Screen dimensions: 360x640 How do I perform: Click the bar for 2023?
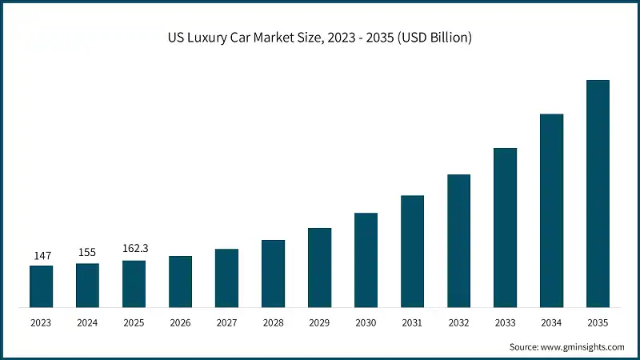click(41, 286)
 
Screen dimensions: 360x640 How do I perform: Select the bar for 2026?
click(180, 282)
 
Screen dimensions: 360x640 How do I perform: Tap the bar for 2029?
click(319, 267)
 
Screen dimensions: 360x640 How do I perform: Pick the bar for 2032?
click(458, 241)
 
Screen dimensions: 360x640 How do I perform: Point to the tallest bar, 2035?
click(598, 194)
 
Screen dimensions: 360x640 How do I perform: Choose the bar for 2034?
click(551, 210)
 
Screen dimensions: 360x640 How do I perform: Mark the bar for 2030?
click(366, 260)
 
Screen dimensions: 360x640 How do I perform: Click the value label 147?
click(42, 255)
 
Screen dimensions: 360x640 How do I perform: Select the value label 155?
click(87, 253)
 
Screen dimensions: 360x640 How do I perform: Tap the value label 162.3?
click(134, 250)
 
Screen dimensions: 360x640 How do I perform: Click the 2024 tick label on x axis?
click(87, 322)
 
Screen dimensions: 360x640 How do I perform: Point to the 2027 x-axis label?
click(226, 322)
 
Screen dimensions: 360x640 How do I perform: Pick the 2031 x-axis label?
click(412, 322)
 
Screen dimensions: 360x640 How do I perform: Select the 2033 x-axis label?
click(505, 322)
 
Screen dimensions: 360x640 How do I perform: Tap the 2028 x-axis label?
click(273, 322)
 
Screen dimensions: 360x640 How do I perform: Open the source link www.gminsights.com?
click(582, 346)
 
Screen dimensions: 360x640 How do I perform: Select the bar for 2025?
click(134, 284)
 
